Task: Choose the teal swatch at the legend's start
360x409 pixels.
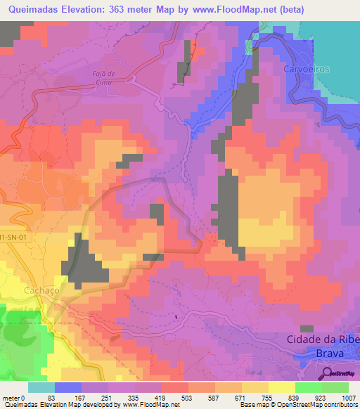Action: tap(41, 387)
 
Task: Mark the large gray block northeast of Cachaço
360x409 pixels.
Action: tap(87, 263)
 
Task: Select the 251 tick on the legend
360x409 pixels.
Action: tap(108, 399)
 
